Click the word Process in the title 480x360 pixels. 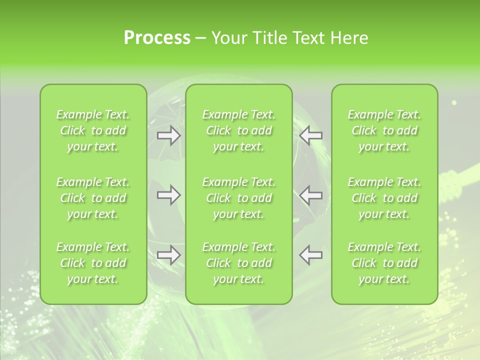tap(157, 38)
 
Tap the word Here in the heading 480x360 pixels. tap(349, 38)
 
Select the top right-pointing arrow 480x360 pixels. tap(169, 135)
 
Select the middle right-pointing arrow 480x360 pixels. tap(169, 195)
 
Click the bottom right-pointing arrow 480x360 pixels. tap(169, 255)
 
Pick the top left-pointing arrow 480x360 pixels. tap(311, 135)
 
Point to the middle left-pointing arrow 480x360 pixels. tap(311, 195)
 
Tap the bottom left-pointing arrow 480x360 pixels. tap(311, 255)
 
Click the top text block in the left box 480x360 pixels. tap(93, 130)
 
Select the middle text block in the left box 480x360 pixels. tap(93, 198)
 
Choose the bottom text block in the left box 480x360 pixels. tap(93, 263)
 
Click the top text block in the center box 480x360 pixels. tap(239, 130)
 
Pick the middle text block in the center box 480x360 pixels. tap(239, 198)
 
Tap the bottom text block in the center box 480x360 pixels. tap(239, 263)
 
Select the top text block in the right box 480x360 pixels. tap(384, 130)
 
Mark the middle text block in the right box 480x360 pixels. tap(384, 198)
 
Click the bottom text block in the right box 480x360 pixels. tap(384, 263)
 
